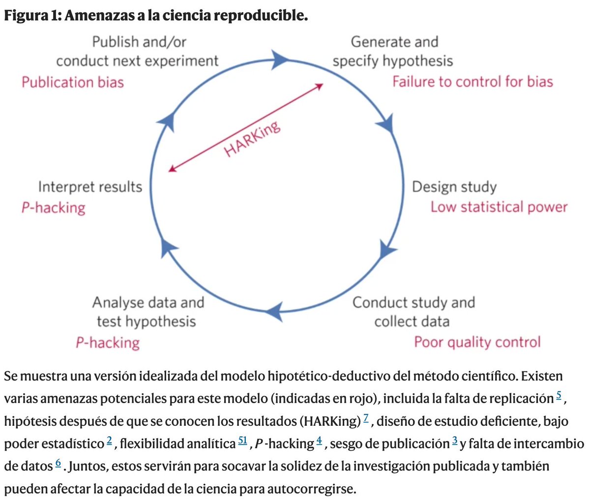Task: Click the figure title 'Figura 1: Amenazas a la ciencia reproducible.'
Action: (156, 15)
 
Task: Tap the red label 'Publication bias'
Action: (72, 82)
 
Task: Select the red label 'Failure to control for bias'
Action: (472, 81)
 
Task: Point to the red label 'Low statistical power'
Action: (499, 207)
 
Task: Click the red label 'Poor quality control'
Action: (477, 342)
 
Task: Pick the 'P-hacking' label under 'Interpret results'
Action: (53, 207)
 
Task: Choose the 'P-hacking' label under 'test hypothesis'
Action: (108, 342)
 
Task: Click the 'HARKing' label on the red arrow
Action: (252, 139)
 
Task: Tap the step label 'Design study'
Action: (454, 187)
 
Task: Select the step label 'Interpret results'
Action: (90, 187)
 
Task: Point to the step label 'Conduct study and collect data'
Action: (413, 312)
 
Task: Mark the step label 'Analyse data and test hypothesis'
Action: (147, 312)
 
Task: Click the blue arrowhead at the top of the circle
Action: (281, 60)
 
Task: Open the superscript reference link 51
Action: (242, 441)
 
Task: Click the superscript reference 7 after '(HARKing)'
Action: (366, 418)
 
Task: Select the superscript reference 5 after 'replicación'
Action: (558, 396)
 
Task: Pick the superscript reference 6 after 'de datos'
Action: (58, 464)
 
